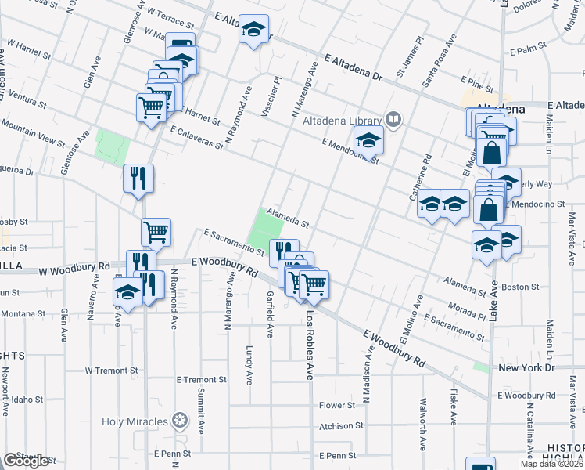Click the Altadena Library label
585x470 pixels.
click(342, 120)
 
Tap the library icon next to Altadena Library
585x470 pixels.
click(393, 120)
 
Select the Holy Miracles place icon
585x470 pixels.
click(181, 421)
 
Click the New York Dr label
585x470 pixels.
click(526, 367)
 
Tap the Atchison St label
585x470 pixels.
click(341, 426)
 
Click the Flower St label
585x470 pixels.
click(337, 405)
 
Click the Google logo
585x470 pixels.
click(26, 461)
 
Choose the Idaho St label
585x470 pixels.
click(27, 399)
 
